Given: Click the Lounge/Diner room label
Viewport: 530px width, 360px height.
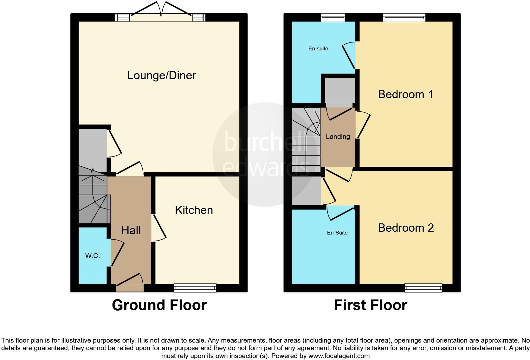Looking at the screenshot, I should [162, 75].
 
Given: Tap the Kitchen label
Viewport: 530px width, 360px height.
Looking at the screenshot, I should [194, 210].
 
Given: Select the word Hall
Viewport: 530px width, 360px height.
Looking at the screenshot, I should [131, 230].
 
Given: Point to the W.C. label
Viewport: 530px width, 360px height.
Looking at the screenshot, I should [93, 256].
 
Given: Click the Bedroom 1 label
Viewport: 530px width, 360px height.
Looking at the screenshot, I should [405, 94].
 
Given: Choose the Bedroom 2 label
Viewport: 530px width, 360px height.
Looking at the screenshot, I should [406, 228].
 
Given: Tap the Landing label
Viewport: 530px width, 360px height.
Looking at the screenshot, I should [338, 137].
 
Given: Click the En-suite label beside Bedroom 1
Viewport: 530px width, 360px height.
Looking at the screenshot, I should [318, 48].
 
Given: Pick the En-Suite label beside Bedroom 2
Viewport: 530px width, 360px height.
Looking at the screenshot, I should [337, 233].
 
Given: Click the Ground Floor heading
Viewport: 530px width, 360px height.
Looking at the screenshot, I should [159, 305].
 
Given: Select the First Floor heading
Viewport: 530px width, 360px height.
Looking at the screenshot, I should [370, 305].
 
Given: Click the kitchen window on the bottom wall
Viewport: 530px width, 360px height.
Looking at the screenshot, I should [195, 288].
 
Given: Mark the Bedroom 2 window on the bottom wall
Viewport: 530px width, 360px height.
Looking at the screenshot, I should [423, 288].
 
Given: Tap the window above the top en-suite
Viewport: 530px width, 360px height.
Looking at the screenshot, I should [333, 17].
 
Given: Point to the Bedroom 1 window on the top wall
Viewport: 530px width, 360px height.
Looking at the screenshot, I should [404, 17].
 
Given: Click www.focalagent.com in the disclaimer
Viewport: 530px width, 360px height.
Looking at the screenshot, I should [339, 356].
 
